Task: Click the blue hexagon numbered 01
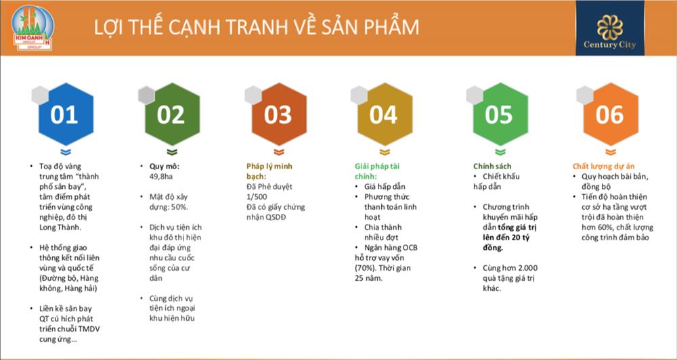64,114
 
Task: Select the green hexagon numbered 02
171,114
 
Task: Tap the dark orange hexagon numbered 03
277,114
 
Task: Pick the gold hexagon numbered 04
383,114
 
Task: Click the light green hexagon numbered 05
499,114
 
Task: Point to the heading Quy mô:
165,166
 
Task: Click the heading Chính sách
492,166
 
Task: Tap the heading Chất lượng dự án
605,166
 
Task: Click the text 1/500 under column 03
257,196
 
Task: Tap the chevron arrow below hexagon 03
277,152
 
